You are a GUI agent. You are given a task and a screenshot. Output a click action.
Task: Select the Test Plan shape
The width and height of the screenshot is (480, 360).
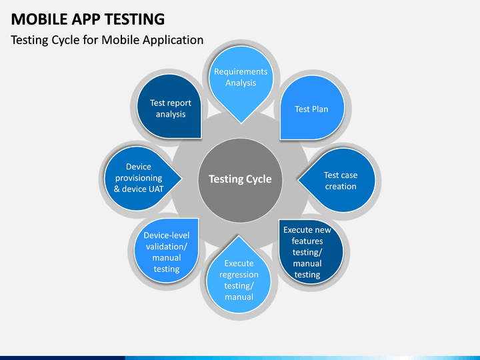(x=311, y=109)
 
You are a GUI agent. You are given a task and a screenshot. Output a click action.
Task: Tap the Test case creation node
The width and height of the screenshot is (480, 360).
(x=340, y=181)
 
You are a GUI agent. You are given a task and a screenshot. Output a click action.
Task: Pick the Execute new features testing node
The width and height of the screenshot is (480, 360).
(x=307, y=252)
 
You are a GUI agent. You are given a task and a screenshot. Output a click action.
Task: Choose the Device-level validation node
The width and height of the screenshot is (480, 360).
(x=167, y=252)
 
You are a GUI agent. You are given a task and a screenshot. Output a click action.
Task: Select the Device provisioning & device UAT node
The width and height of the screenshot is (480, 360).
(x=138, y=178)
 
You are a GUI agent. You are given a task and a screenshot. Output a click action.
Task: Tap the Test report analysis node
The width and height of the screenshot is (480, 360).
(x=171, y=109)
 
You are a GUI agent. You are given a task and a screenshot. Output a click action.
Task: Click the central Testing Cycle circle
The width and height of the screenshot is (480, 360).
(x=240, y=179)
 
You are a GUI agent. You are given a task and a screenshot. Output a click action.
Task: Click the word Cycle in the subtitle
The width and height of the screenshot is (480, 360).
(x=71, y=40)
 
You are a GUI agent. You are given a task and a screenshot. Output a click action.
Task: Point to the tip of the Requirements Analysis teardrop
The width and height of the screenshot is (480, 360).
(x=241, y=123)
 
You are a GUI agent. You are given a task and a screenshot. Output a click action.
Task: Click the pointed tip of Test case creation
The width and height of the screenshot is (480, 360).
(x=297, y=179)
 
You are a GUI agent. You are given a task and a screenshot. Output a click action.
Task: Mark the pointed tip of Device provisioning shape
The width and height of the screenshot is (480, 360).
(x=183, y=178)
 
